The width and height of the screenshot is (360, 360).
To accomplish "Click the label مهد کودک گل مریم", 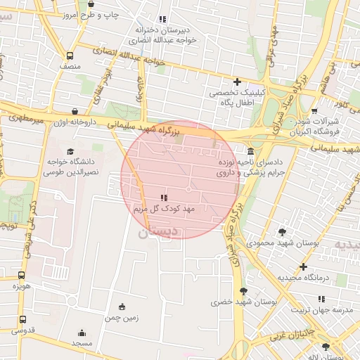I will pos(163,209).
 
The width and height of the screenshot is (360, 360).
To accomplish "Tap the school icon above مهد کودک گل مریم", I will pos(163,198).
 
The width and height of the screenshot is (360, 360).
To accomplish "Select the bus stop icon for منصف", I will pos(69,56).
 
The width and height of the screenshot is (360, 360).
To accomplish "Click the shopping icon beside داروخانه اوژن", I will pos(75,111).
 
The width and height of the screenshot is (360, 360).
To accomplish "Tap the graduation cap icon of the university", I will pos(69,151).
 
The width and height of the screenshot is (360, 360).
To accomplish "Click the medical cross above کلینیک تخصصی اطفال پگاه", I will pos(237,82).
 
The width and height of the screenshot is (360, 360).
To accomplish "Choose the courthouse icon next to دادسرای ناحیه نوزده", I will pos(251,153).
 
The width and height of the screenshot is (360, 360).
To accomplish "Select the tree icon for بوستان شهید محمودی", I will pos(282,231).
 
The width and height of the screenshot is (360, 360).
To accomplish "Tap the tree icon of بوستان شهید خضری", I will pos(243,291).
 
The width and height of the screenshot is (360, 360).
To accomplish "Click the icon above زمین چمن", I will pos(122,307).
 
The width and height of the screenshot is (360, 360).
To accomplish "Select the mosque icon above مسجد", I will pos(82,333).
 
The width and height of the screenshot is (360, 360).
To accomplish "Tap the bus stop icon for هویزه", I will pos(21,276).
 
